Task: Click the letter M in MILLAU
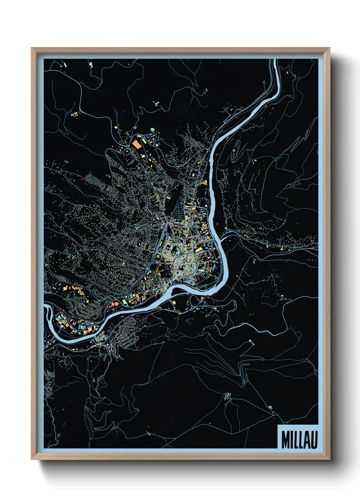pyautogui.click(x=285, y=440)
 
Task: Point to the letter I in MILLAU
pyautogui.click(x=292, y=440)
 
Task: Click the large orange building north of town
pyautogui.click(x=137, y=143)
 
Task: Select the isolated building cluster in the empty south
pyautogui.click(x=227, y=396)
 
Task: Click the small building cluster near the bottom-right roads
pyautogui.click(x=271, y=407)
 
